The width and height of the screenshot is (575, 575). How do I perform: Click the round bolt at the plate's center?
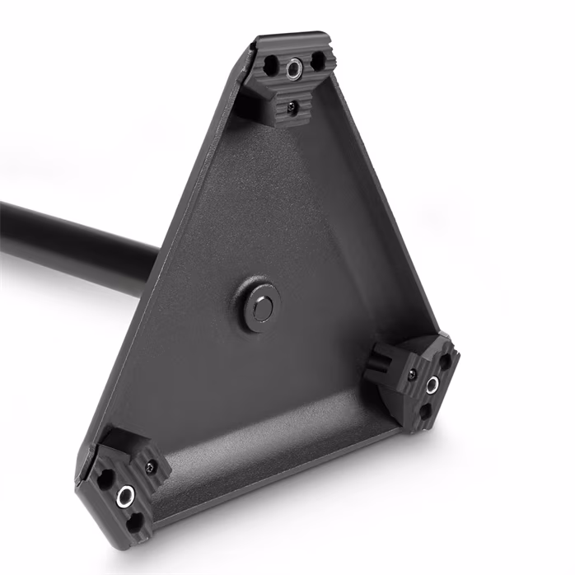262,307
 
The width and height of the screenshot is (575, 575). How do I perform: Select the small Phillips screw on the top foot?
292,105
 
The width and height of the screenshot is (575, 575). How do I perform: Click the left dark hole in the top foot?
270,62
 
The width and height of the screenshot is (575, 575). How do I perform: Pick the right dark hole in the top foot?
316,61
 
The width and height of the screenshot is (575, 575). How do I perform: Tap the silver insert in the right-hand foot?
431,384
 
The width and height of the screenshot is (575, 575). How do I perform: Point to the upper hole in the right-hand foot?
445,361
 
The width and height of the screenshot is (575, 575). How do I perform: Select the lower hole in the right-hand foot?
425,409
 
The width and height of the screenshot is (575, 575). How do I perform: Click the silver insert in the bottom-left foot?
125,494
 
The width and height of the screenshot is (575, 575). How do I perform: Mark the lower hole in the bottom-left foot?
134,519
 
